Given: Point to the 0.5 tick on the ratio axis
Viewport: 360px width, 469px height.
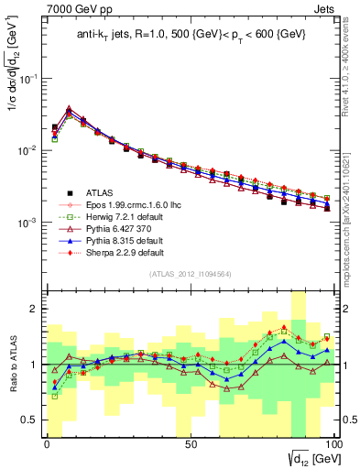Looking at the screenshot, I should click(28, 420).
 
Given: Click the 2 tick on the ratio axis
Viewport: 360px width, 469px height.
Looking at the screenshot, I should click(34, 309).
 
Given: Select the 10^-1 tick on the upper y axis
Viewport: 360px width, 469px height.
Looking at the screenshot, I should click(27, 79).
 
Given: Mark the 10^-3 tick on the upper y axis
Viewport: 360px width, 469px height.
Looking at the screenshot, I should click(27, 223).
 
